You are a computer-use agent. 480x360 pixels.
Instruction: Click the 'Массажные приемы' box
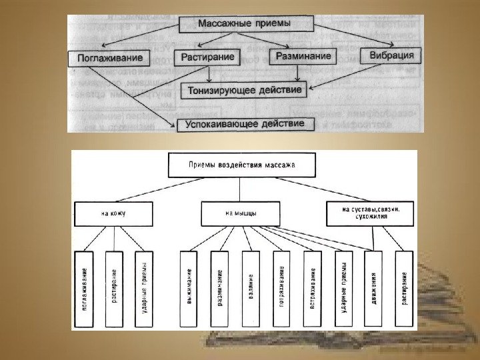pyautogui.click(x=245, y=24)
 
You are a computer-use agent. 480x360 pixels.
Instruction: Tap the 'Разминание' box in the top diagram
pyautogui.click(x=303, y=57)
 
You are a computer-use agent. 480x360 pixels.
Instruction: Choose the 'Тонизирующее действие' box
pyautogui.click(x=245, y=89)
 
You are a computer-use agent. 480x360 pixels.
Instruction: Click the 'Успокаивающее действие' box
pyautogui.click(x=245, y=125)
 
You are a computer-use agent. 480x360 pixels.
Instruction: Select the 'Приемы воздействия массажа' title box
pyautogui.click(x=241, y=164)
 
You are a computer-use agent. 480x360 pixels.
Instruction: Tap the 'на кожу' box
pyautogui.click(x=114, y=214)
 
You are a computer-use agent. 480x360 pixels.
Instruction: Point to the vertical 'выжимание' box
pyautogui.click(x=189, y=288)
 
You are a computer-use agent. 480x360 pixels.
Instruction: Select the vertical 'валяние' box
pyautogui.click(x=251, y=288)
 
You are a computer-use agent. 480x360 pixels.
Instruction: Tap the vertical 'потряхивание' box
pyautogui.click(x=281, y=288)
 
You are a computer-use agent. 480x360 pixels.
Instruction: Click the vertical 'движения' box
pyautogui.click(x=373, y=288)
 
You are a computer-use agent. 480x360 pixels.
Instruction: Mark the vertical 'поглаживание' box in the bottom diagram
pyautogui.click(x=83, y=288)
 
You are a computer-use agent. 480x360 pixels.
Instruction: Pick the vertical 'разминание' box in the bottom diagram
pyautogui.click(x=220, y=288)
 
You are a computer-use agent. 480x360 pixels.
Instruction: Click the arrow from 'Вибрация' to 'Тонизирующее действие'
pyautogui.click(x=347, y=77)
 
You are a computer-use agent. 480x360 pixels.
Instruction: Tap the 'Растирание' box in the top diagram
pyautogui.click(x=208, y=57)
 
